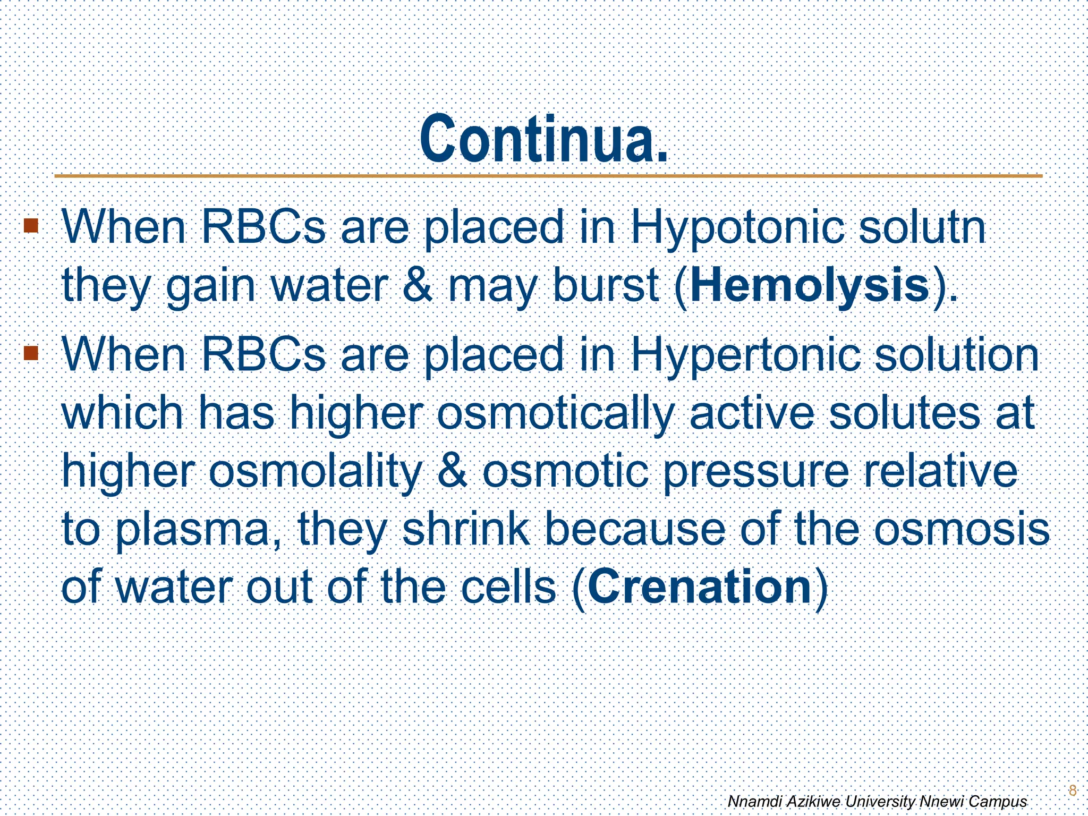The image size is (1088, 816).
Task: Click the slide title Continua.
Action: point(543,140)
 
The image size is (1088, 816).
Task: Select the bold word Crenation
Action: point(700,586)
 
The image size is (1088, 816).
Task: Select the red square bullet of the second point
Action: point(31,352)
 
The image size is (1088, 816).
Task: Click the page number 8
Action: point(1072,790)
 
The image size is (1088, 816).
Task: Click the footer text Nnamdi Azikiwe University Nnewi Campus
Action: point(877,801)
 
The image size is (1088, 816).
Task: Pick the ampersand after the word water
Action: point(418,286)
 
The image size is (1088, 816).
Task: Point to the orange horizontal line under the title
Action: point(547,176)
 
